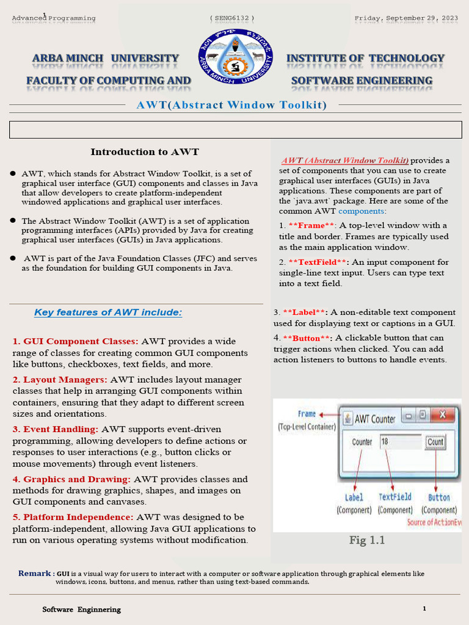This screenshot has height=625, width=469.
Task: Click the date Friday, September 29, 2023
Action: point(406,18)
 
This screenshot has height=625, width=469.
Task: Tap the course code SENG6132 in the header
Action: point(232,18)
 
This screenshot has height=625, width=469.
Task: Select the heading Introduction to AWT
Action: point(145,152)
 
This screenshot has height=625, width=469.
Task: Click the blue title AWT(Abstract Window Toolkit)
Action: point(231,105)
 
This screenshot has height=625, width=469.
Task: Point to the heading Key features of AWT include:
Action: point(108,312)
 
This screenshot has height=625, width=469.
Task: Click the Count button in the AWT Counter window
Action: point(435,442)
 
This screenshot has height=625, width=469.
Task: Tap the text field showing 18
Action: point(400,442)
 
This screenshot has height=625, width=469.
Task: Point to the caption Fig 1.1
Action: point(367,540)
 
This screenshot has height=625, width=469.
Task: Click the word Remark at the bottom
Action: point(35,574)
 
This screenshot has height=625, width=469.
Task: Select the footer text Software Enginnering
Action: point(81,609)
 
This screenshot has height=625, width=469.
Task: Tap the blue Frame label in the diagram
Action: point(307,414)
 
